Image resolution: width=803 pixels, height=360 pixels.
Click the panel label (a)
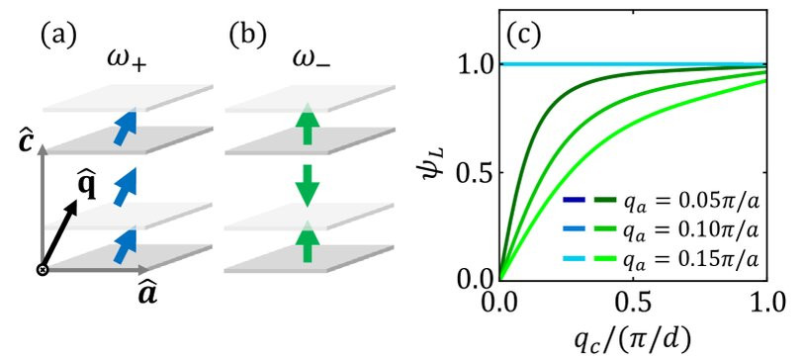[58, 36]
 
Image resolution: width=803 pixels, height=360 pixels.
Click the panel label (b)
[248, 36]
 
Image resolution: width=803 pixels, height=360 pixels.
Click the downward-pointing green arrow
[307, 185]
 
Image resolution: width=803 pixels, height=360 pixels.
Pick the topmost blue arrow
[124, 128]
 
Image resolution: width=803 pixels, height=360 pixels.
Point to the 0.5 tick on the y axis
[501, 172]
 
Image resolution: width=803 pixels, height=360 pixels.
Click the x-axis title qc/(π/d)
[633, 337]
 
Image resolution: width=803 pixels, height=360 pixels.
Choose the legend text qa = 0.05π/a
[690, 203]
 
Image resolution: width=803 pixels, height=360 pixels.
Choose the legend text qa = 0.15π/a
[690, 261]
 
